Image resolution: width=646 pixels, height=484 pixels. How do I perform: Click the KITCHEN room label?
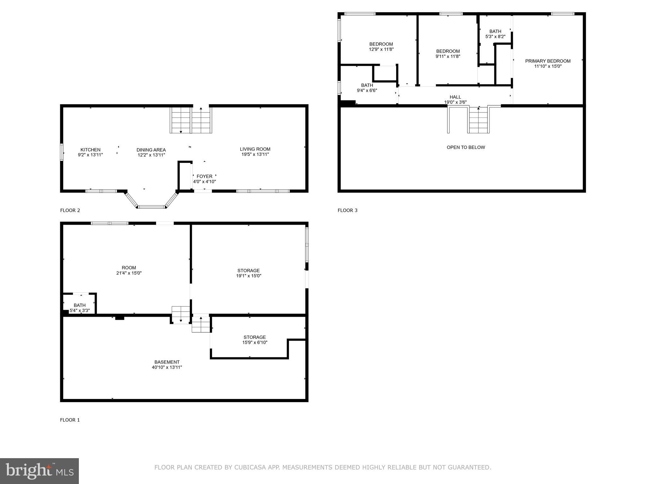click(91, 150)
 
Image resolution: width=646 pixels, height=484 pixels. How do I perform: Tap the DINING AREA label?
click(151, 150)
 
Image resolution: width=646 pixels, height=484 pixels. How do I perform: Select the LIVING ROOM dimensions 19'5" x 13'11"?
click(255, 154)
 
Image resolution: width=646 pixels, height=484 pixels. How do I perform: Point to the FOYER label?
click(204, 176)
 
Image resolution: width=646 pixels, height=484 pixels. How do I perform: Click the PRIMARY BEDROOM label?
click(548, 61)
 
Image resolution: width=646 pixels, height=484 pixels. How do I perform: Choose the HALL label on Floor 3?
click(455, 97)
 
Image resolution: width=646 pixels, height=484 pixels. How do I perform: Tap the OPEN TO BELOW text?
click(466, 147)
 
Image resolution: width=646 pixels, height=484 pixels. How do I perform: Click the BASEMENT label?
click(167, 362)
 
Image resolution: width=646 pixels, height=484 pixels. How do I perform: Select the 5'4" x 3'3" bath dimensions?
click(80, 310)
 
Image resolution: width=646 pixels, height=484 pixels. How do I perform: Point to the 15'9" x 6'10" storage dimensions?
click(255, 343)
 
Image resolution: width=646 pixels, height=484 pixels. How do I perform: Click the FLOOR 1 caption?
click(70, 420)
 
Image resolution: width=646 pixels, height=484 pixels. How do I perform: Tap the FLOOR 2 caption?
click(70, 210)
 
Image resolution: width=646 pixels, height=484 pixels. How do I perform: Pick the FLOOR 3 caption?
click(348, 210)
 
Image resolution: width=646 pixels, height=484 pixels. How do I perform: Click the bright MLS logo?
click(39, 471)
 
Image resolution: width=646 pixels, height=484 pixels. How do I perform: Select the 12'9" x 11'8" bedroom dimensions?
click(381, 49)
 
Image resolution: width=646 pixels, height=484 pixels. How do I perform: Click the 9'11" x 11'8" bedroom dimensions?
click(448, 56)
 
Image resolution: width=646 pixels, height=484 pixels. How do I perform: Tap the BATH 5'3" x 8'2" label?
click(495, 34)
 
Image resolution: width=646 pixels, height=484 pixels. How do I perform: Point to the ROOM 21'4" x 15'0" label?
click(129, 270)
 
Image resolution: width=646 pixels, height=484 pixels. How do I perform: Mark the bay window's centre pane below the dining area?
click(151, 207)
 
